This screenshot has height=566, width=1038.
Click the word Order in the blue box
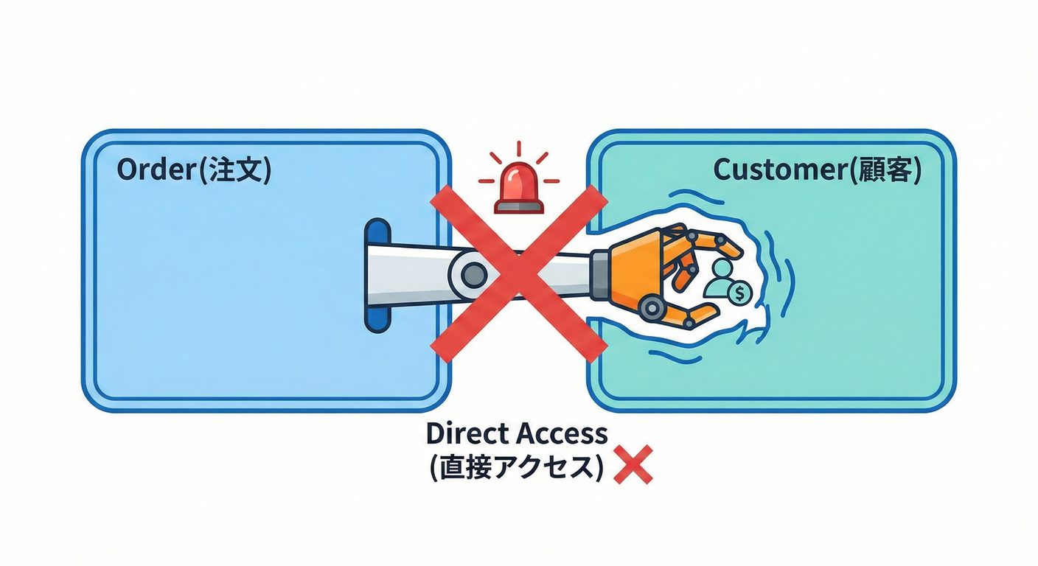(157, 170)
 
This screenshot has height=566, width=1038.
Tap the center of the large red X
(519, 273)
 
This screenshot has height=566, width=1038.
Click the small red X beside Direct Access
(633, 464)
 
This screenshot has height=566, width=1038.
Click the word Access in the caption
(561, 434)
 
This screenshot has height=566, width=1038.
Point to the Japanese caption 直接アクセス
(517, 467)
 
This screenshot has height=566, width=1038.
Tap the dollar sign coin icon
(740, 293)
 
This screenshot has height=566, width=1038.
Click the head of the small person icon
(722, 268)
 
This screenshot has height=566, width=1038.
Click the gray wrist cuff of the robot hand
(601, 275)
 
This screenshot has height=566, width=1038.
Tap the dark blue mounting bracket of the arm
(377, 276)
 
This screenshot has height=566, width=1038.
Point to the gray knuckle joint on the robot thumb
(652, 307)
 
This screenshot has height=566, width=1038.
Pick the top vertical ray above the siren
(519, 149)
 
